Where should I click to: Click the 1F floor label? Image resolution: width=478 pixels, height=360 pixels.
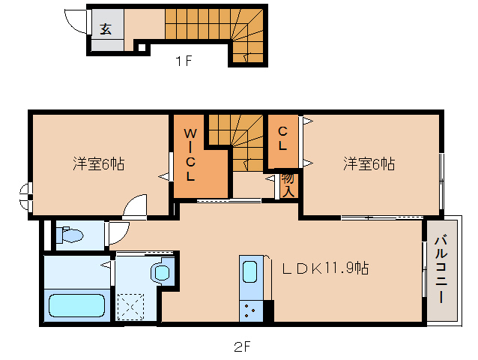(184, 62)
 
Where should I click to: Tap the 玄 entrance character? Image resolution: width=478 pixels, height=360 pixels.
(106, 29)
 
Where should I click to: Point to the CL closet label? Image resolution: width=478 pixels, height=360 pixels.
(282, 139)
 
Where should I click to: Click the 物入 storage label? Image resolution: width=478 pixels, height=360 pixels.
(288, 184)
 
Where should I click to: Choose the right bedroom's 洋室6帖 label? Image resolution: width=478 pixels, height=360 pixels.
(369, 163)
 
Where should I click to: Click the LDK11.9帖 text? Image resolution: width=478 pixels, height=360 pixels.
(324, 268)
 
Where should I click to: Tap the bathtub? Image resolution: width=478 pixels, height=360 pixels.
(76, 306)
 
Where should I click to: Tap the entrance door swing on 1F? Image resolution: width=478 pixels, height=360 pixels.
(75, 20)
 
